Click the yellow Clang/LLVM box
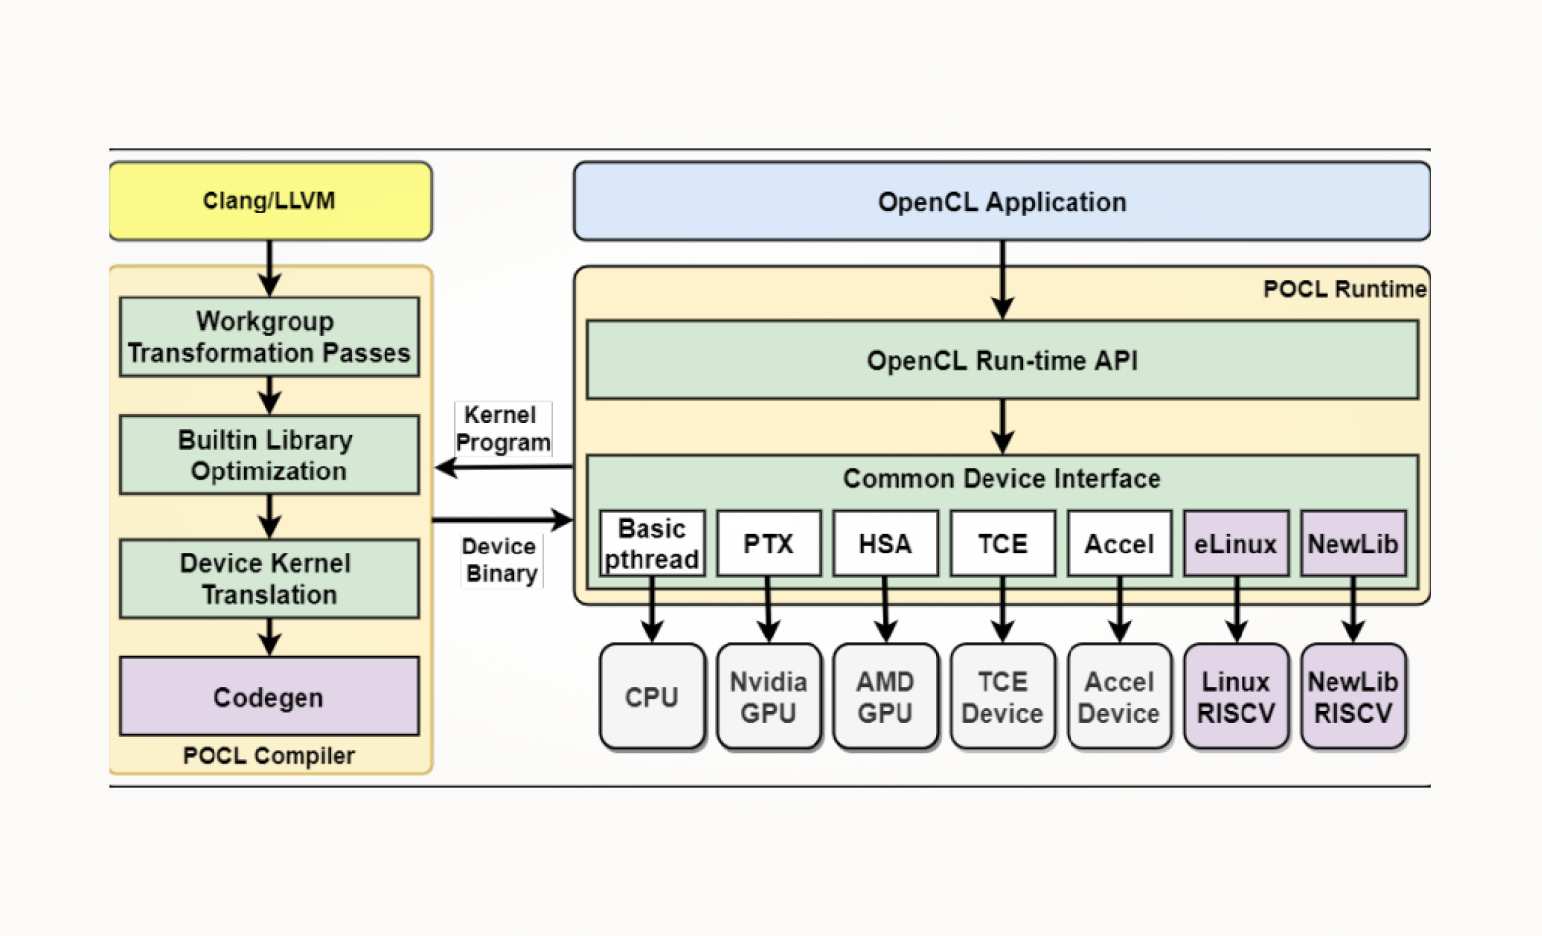click(269, 201)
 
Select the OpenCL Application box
click(1001, 202)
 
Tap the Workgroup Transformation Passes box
click(269, 336)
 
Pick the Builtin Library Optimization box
click(269, 455)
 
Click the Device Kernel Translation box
click(269, 578)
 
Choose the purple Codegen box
click(269, 697)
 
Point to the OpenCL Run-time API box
click(1001, 360)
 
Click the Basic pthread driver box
click(651, 543)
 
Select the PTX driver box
click(768, 544)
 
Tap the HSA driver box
click(885, 544)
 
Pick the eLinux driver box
click(1236, 544)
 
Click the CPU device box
click(651, 697)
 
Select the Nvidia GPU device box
click(768, 697)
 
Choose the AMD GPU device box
click(885, 697)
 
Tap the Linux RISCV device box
click(1236, 697)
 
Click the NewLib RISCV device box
click(1352, 697)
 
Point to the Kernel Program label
click(502, 429)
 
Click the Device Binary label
click(500, 560)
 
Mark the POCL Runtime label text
click(1344, 289)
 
